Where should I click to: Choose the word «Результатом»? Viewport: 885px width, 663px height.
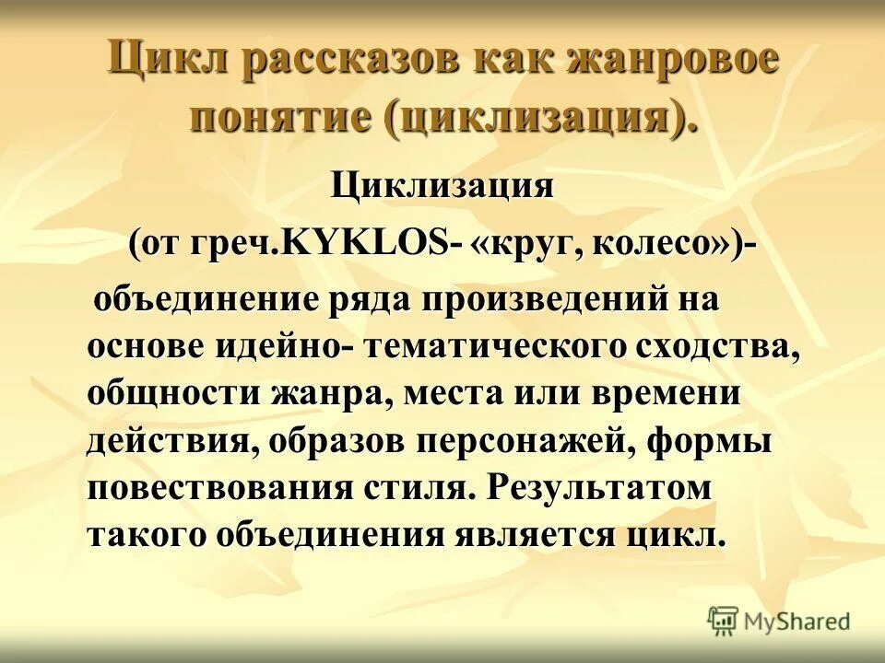599,489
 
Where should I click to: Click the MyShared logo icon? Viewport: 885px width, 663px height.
724,622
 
